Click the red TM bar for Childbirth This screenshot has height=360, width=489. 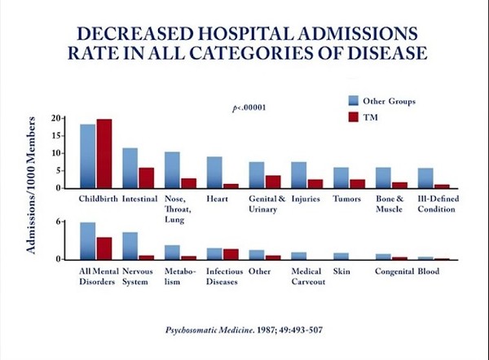[x=104, y=154]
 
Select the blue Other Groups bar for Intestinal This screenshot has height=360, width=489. [x=130, y=168]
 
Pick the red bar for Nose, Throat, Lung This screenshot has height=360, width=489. [x=188, y=183]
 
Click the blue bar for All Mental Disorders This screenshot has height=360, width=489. [x=87, y=241]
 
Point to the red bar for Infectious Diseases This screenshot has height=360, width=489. [x=231, y=254]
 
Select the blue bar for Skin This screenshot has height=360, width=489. [x=341, y=256]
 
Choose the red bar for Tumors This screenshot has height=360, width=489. [x=357, y=183]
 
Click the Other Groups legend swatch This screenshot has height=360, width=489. [x=354, y=100]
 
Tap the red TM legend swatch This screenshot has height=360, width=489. [x=354, y=117]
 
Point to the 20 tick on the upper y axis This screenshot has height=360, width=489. [x=58, y=118]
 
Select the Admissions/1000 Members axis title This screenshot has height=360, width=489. [x=31, y=185]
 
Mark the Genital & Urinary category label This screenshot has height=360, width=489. [x=267, y=203]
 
